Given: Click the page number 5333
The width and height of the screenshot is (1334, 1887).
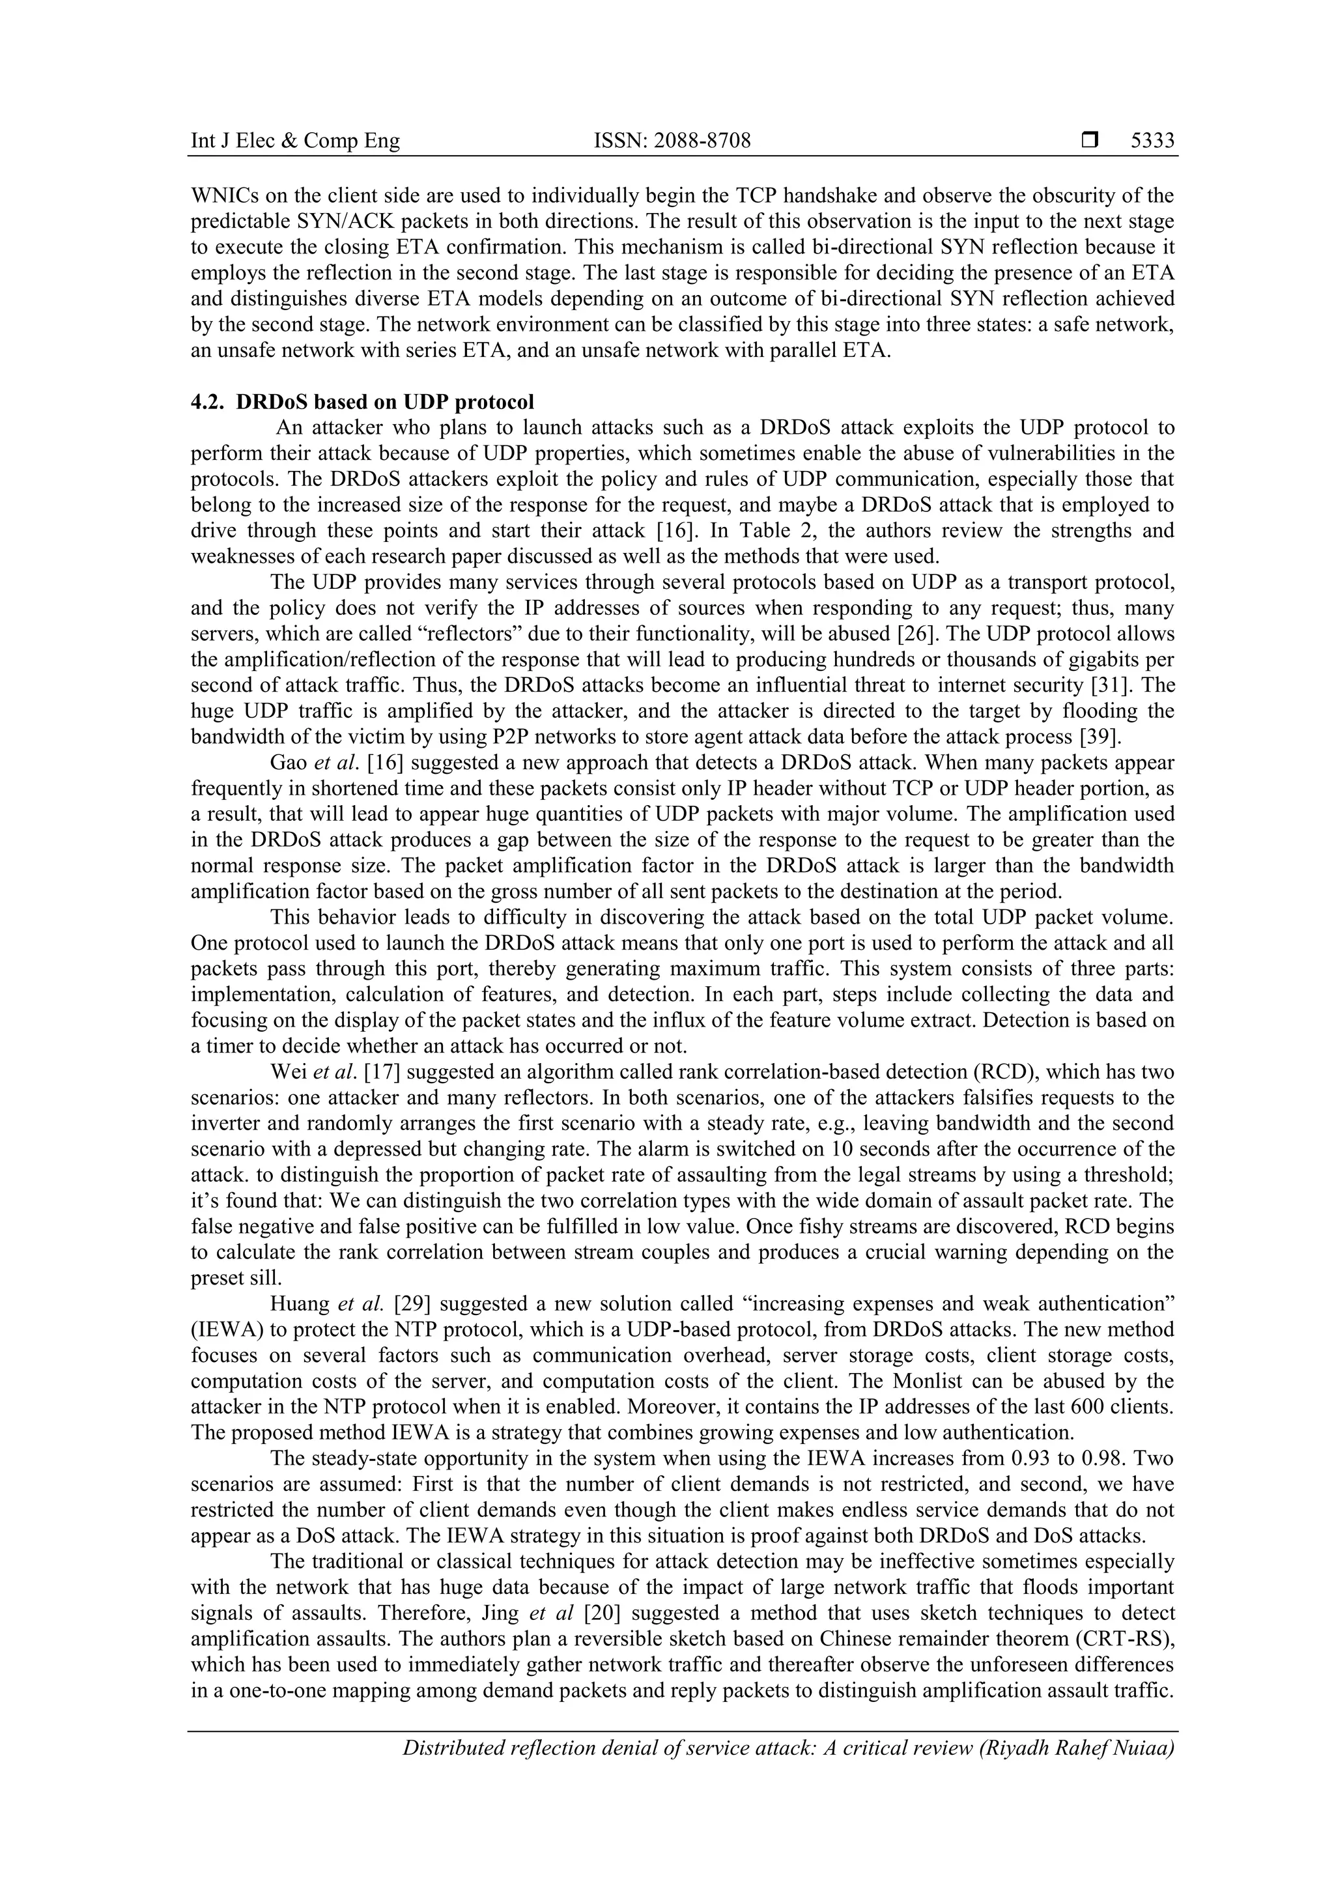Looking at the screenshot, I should [x=1152, y=141].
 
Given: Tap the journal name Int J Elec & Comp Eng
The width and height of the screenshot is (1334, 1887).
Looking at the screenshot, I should [x=295, y=141].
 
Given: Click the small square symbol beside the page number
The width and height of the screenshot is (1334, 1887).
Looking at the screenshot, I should [x=1090, y=141].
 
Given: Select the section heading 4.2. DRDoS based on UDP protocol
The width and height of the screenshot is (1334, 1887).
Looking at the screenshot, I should [x=362, y=402].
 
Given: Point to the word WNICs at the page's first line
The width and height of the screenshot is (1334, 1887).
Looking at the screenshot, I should [x=221, y=197].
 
